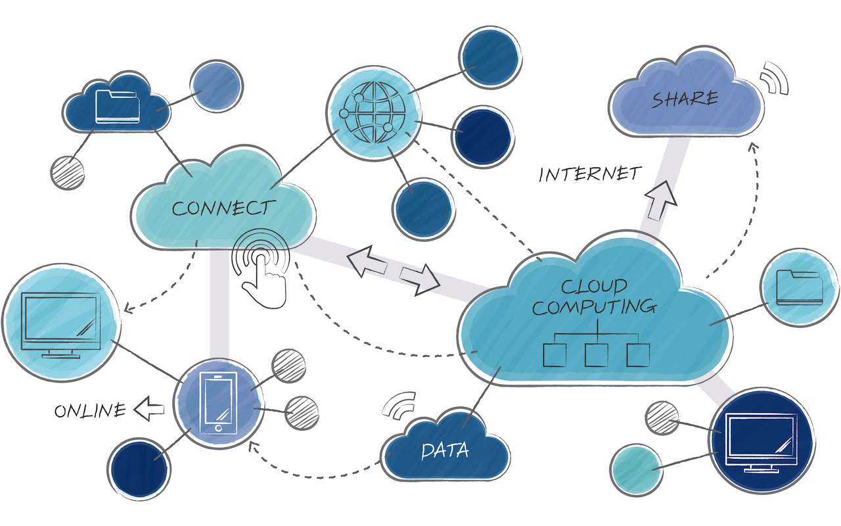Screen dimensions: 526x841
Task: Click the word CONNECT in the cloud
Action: click(x=221, y=208)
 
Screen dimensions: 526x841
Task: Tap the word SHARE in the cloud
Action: click(x=685, y=99)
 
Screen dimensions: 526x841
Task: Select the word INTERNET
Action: click(x=589, y=174)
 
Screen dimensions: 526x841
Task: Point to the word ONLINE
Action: click(x=90, y=411)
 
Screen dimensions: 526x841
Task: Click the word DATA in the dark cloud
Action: click(x=445, y=451)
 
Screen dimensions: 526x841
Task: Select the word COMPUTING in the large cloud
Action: click(x=593, y=306)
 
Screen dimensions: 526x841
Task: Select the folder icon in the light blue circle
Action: click(x=798, y=288)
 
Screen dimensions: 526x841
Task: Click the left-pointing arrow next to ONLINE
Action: click(x=148, y=410)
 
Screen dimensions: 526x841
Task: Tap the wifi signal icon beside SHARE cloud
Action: click(x=773, y=80)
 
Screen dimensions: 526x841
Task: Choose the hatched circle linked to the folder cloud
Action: click(x=67, y=172)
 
